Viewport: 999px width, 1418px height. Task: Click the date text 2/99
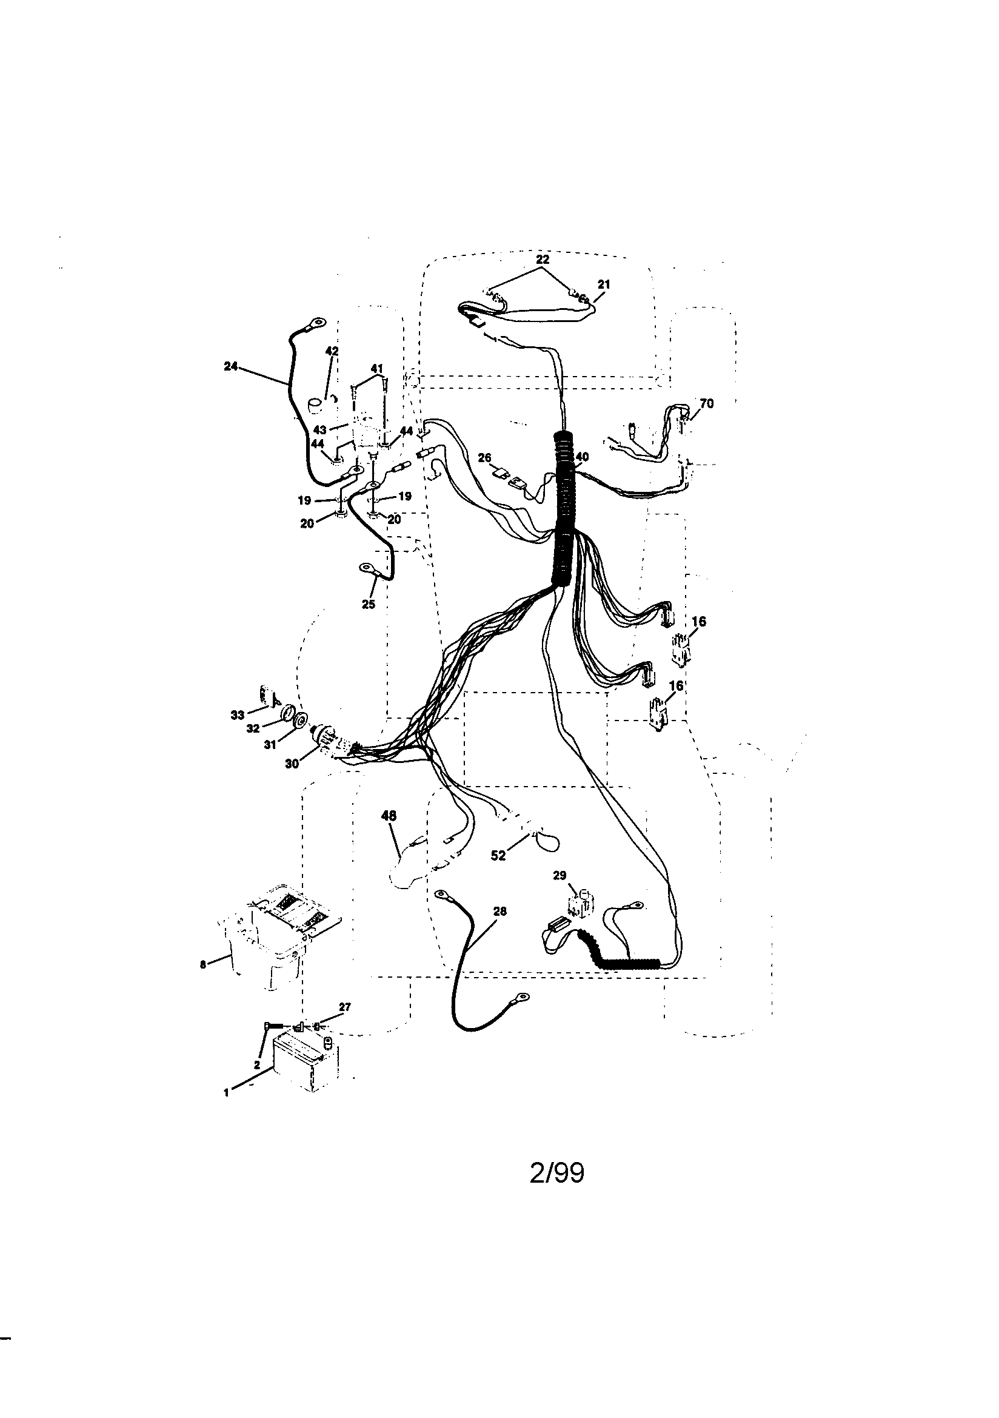(x=556, y=1173)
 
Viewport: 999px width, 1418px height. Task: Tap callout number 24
(x=230, y=367)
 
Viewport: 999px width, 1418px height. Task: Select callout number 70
(x=706, y=404)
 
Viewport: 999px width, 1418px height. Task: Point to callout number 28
(x=500, y=911)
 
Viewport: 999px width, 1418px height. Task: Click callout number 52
(x=498, y=855)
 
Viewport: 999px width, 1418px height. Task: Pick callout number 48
(x=389, y=816)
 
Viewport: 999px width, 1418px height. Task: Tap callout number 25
(x=369, y=604)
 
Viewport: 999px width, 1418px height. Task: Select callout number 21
(x=604, y=284)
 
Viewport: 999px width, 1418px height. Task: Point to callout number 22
(x=542, y=260)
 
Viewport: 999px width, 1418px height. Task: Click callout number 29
(x=560, y=876)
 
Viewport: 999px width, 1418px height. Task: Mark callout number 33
(x=238, y=715)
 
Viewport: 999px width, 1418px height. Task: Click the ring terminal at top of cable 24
(x=318, y=322)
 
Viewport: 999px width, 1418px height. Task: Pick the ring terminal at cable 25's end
(x=366, y=566)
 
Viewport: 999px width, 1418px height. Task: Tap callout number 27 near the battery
(x=344, y=1007)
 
